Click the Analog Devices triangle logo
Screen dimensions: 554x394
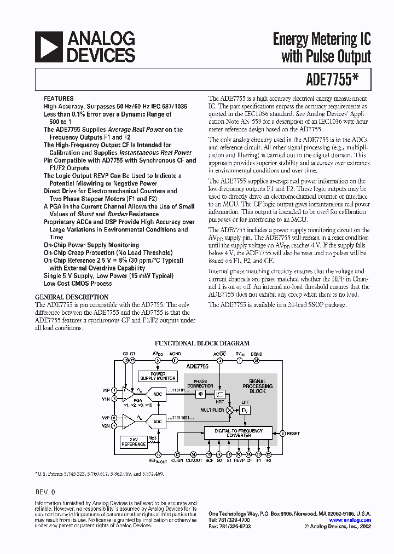tap(48, 47)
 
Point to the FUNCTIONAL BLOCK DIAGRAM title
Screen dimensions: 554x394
tap(202, 343)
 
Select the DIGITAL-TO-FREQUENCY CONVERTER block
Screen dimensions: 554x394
tap(238, 433)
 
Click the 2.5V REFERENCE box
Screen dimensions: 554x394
tap(134, 442)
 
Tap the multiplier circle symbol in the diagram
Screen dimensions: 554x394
tap(229, 409)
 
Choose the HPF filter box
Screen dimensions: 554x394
tap(219, 394)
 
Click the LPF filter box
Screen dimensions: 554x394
tap(246, 409)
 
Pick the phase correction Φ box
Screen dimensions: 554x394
tap(201, 394)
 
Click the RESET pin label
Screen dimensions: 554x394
tap(293, 434)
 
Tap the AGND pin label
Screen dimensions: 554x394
tap(175, 354)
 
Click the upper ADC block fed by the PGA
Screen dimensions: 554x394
tap(158, 394)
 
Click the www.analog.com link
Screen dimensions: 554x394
tap(350, 520)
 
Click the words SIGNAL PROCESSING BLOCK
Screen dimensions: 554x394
tap(257, 386)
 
